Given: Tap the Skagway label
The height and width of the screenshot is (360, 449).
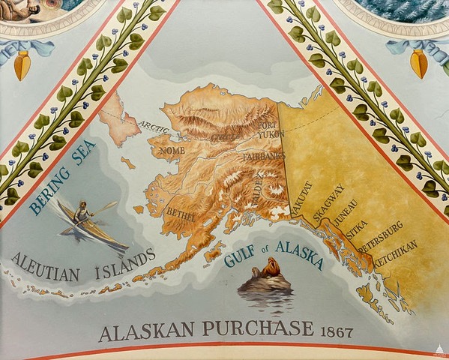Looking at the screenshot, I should [x=328, y=202].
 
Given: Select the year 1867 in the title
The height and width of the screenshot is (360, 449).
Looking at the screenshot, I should [x=336, y=330].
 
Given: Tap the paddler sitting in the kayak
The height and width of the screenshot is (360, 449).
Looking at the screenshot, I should [x=82, y=214].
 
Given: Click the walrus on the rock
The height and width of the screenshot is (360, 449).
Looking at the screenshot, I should [x=266, y=271].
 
